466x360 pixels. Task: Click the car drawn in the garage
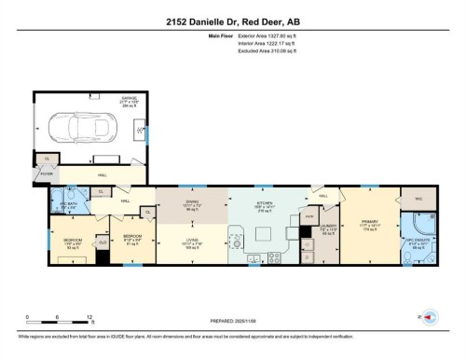coord(85,128)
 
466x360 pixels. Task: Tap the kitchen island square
coord(266,231)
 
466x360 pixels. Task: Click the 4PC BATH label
coord(69,205)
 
